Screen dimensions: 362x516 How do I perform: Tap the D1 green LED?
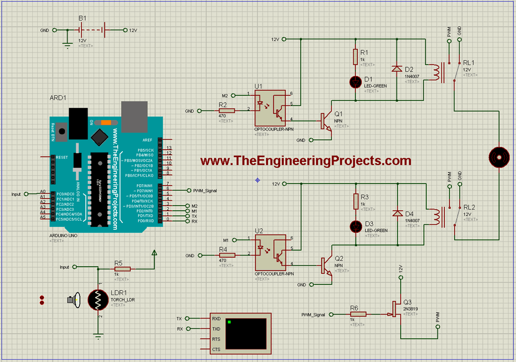pos(355,81)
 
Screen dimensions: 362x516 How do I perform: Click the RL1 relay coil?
pos(438,72)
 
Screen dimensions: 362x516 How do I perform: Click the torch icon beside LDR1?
pos(74,300)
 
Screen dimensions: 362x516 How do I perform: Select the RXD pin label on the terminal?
pos(217,319)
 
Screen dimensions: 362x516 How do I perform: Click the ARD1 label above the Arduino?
pos(58,97)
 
